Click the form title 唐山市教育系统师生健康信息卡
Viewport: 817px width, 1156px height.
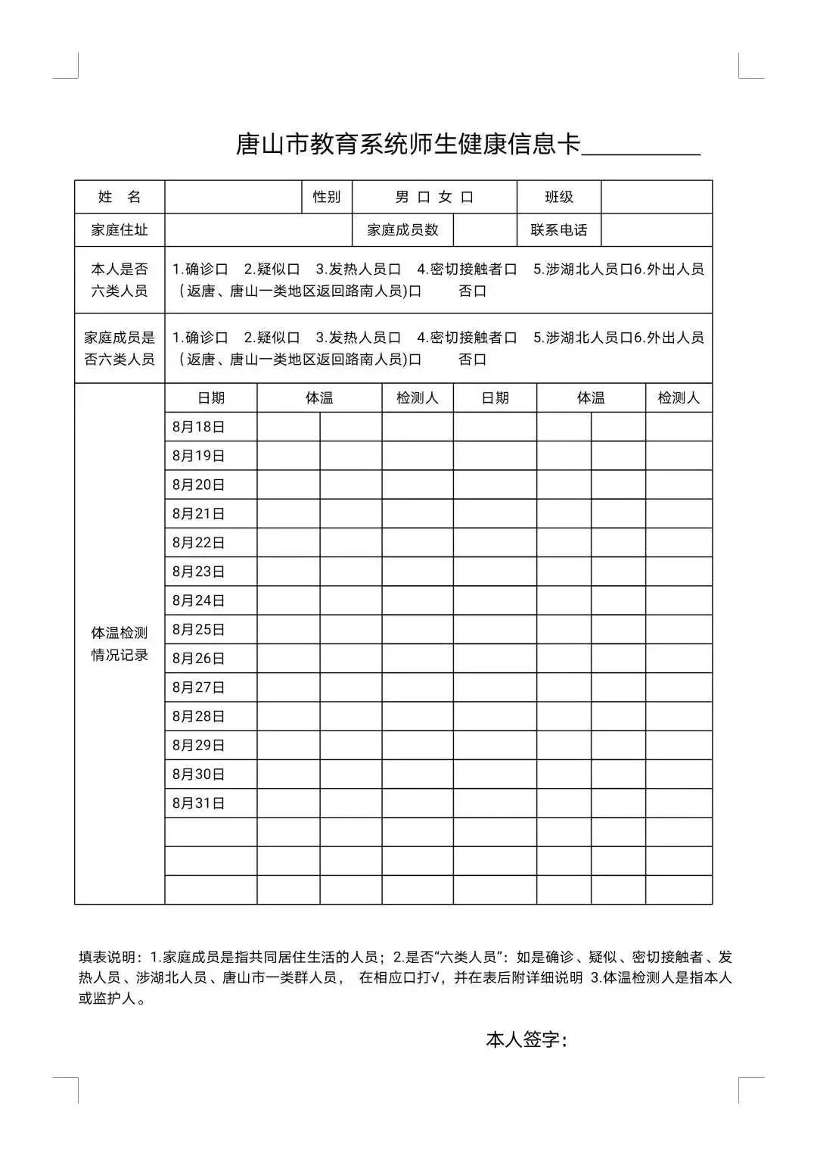pyautogui.click(x=408, y=144)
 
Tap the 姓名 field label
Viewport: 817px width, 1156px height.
pyautogui.click(x=120, y=198)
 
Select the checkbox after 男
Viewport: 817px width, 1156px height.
pyautogui.click(x=424, y=198)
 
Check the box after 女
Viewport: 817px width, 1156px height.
pyautogui.click(x=467, y=198)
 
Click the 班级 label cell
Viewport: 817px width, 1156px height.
pyautogui.click(x=559, y=198)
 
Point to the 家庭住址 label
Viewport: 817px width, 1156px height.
pyautogui.click(x=120, y=230)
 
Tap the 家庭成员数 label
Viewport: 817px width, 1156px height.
pyautogui.click(x=402, y=230)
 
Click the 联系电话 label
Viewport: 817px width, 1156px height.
pyautogui.click(x=559, y=230)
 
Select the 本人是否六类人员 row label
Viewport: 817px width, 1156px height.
pyautogui.click(x=120, y=280)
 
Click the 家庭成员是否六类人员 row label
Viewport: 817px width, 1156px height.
pyautogui.click(x=120, y=348)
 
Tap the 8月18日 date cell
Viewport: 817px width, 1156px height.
pyautogui.click(x=199, y=427)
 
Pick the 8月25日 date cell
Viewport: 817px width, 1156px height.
pyautogui.click(x=199, y=630)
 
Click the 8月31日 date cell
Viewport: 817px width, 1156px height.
pyautogui.click(x=199, y=803)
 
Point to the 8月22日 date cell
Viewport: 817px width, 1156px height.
pyautogui.click(x=199, y=543)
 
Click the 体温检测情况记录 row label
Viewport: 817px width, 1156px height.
pyautogui.click(x=120, y=644)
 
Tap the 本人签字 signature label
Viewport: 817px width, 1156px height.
pyautogui.click(x=526, y=1040)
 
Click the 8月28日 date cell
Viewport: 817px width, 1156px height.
pyautogui.click(x=199, y=716)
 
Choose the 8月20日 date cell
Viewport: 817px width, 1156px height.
pyautogui.click(x=199, y=485)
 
